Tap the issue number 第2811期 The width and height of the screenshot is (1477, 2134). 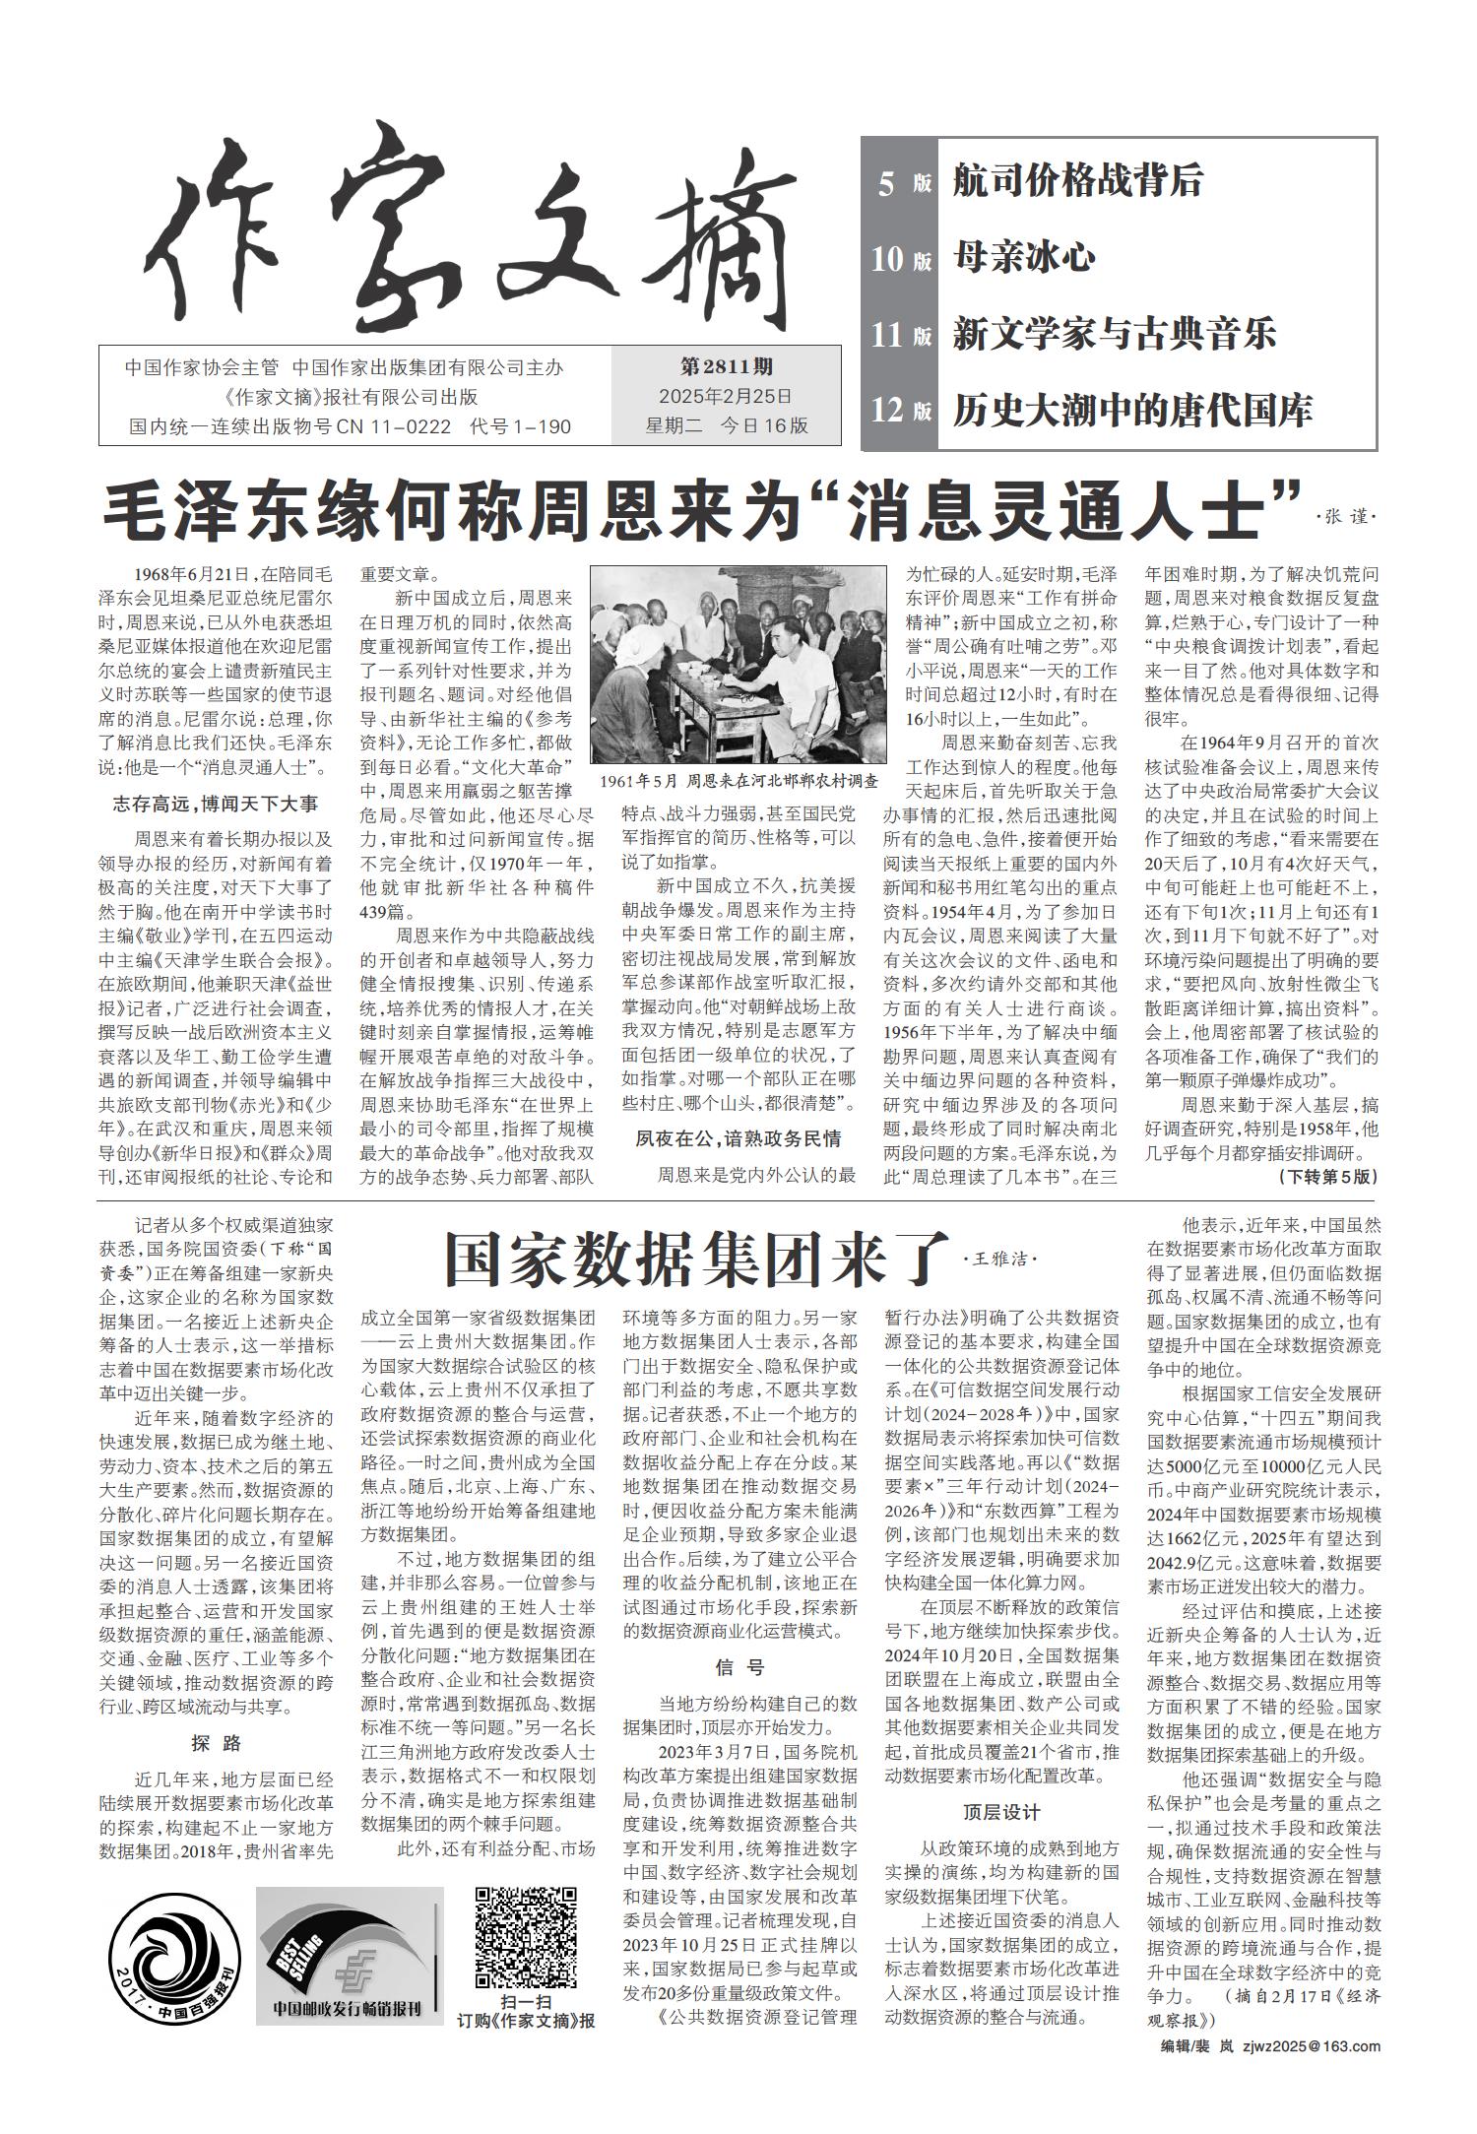(x=727, y=367)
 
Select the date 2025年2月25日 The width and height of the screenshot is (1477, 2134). (x=727, y=397)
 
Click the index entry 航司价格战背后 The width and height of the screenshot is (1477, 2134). (x=1077, y=182)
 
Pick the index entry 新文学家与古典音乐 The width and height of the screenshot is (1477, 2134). (x=1114, y=334)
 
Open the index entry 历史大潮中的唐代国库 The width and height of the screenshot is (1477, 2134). (x=1132, y=410)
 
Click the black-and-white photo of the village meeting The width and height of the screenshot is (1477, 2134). (x=738, y=665)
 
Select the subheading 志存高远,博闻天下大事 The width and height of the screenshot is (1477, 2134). (x=215, y=805)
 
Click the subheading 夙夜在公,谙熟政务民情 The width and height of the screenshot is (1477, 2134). (x=738, y=1139)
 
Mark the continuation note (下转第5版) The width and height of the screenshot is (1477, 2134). (x=1327, y=1177)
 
